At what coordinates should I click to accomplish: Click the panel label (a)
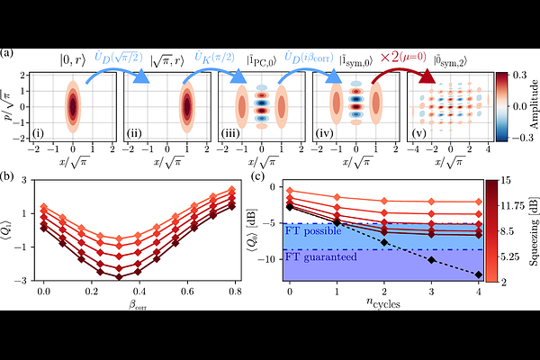[7, 53]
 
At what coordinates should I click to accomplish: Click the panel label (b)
[8, 176]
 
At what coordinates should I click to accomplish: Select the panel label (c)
[257, 176]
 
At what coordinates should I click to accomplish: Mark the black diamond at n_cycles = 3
[431, 260]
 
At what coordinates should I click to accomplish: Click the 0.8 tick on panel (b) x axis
[232, 293]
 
